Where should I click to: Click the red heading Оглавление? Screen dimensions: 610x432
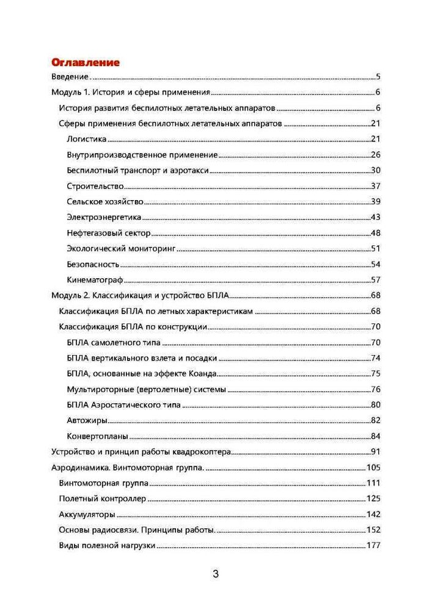[x=85, y=62]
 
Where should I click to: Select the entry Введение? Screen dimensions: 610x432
[x=69, y=77]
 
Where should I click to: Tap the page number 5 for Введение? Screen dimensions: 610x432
[x=378, y=77]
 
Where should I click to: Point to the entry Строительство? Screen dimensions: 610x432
[x=95, y=186]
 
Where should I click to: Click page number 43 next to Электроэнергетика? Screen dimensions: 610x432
[x=376, y=217]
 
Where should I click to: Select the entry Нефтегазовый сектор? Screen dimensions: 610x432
[x=109, y=233]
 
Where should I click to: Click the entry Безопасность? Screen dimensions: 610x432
[x=93, y=264]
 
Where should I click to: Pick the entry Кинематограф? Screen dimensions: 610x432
[x=95, y=280]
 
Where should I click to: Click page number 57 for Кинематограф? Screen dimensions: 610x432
[x=376, y=280]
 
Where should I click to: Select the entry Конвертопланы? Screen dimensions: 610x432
[x=97, y=436]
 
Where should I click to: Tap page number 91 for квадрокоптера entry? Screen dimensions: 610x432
[x=376, y=452]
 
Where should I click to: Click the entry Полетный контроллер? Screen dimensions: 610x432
[x=103, y=499]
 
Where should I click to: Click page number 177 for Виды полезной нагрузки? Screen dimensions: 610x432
[x=373, y=545]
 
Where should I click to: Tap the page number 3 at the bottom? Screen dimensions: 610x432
[x=215, y=574]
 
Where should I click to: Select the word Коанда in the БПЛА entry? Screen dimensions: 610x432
[x=203, y=373]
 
